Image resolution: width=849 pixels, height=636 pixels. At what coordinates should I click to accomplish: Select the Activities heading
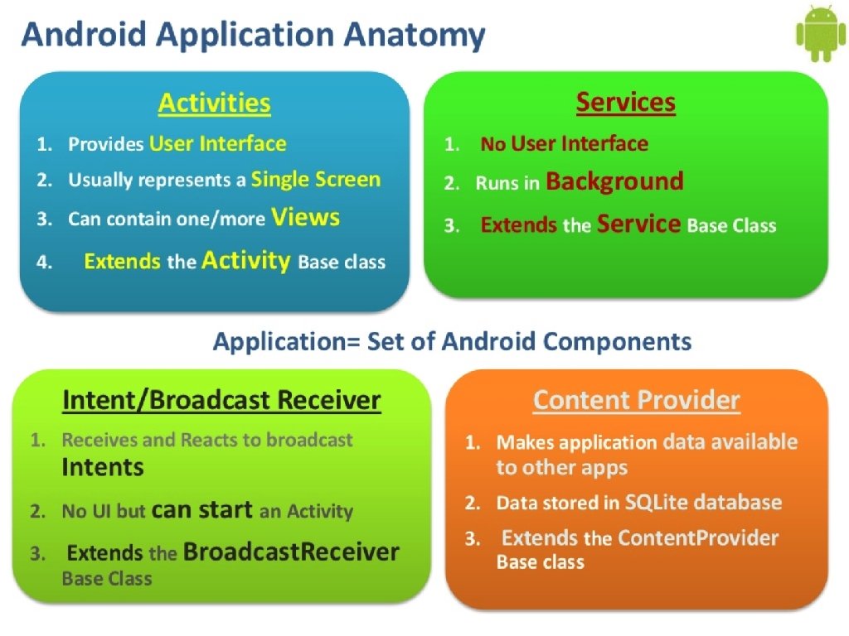tap(214, 103)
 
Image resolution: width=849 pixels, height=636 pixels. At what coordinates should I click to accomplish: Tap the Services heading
tap(625, 103)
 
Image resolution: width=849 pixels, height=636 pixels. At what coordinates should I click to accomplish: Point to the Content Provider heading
tap(636, 401)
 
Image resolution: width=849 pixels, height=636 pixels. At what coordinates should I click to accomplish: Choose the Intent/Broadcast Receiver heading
tap(221, 401)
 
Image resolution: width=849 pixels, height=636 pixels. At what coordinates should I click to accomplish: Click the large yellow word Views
tap(306, 218)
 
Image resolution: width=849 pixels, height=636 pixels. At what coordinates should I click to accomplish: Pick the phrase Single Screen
tap(316, 180)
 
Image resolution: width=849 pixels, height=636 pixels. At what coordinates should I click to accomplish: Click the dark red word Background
tap(614, 181)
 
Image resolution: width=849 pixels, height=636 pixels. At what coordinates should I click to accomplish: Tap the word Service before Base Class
tap(639, 224)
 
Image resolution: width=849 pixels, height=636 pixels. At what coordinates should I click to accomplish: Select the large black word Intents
tap(103, 467)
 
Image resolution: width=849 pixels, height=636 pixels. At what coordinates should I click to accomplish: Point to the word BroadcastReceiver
tap(291, 552)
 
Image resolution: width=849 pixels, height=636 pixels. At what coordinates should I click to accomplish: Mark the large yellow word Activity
tap(246, 262)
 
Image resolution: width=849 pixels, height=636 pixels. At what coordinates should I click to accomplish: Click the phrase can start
tap(202, 510)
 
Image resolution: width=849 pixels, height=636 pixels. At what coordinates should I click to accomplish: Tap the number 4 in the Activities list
tap(42, 263)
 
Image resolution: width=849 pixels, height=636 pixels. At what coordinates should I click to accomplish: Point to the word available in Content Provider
tap(747, 442)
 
